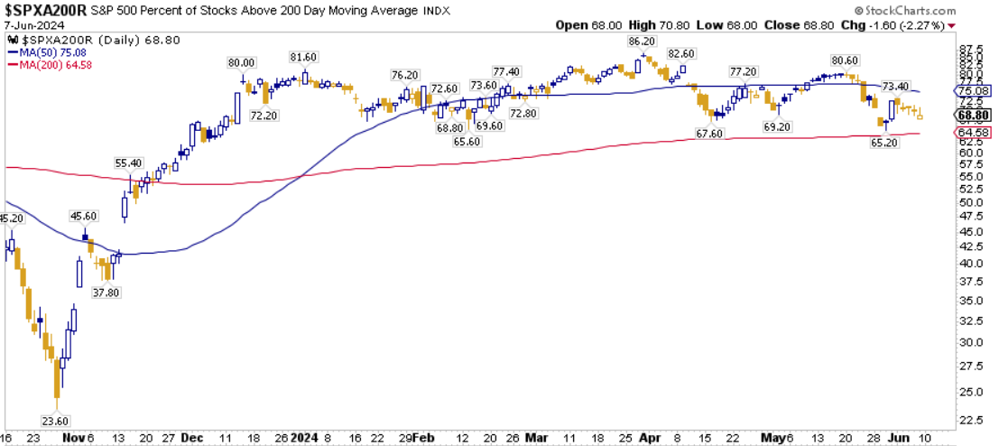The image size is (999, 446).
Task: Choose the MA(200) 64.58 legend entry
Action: [48, 64]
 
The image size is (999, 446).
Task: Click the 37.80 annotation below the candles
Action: [107, 293]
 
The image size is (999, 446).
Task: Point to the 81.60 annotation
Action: [304, 57]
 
